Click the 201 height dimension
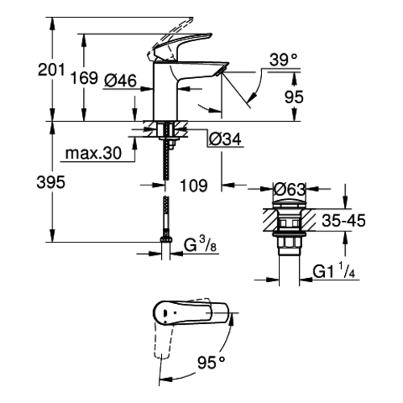pos(52,70)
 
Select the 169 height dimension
pos(84,78)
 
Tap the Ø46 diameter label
pos(120,81)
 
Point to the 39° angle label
pos(284,60)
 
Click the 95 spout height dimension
pos(294,97)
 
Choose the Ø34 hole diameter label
pos(225,139)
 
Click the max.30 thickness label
pos(93,153)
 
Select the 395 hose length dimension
pos(51,182)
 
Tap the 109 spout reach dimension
pos(193,185)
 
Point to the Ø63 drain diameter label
pos(289,189)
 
